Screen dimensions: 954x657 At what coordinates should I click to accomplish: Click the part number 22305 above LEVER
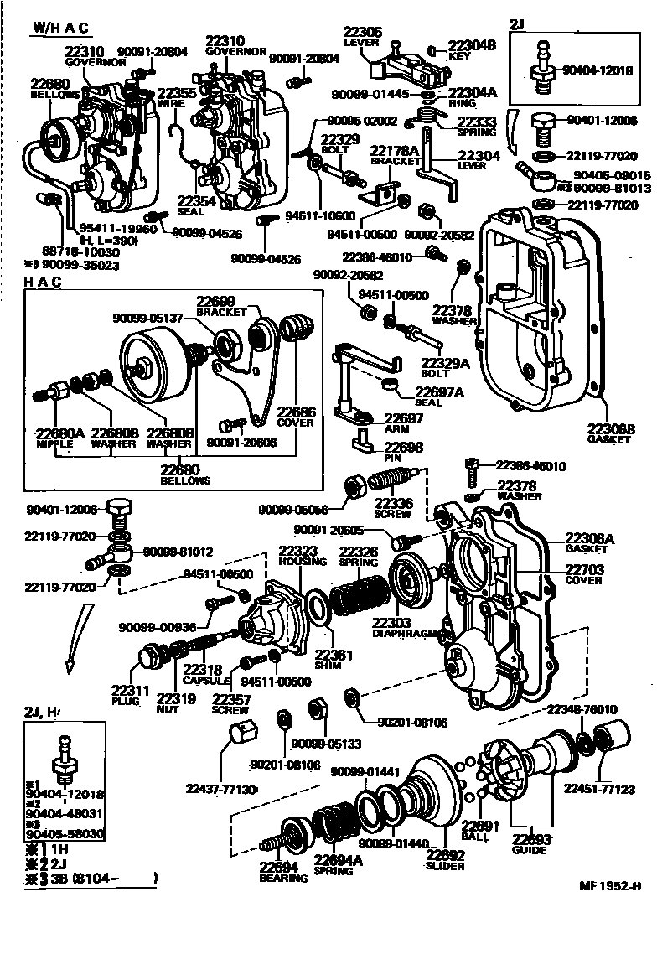pos(364,33)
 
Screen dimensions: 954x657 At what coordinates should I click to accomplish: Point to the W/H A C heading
pos(61,28)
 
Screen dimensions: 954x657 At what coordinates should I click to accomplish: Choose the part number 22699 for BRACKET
pos(216,301)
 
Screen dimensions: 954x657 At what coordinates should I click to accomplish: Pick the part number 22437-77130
pos(221,789)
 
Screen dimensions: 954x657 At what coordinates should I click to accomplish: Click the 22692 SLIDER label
pos(445,860)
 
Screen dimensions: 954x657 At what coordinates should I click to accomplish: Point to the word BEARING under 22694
pos(283,878)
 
